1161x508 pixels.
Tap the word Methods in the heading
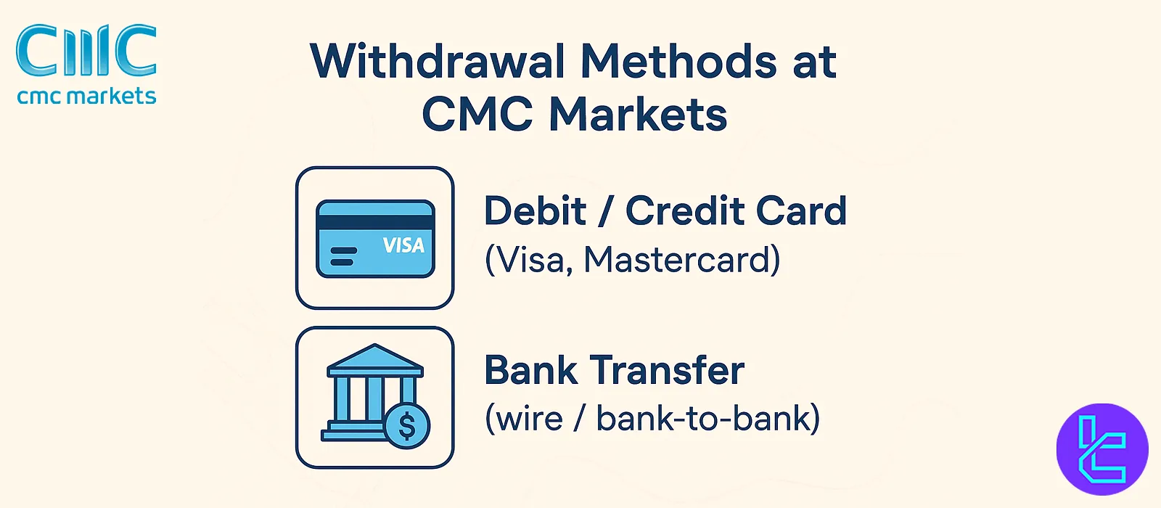click(679, 62)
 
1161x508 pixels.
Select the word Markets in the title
click(638, 115)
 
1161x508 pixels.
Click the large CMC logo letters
click(86, 51)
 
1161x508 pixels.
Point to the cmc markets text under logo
click(86, 96)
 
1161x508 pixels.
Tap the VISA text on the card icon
click(403, 246)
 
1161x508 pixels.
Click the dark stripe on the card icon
click(375, 223)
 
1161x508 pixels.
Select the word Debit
click(535, 211)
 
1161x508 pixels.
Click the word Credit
click(685, 211)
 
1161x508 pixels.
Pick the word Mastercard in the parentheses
click(681, 260)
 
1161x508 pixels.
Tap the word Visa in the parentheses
click(528, 260)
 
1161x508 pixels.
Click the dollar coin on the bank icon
click(407, 426)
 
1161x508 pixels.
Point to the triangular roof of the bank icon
click(374, 358)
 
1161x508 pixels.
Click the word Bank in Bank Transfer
click(530, 370)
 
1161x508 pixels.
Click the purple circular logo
click(1101, 449)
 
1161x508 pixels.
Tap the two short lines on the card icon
click(343, 256)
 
